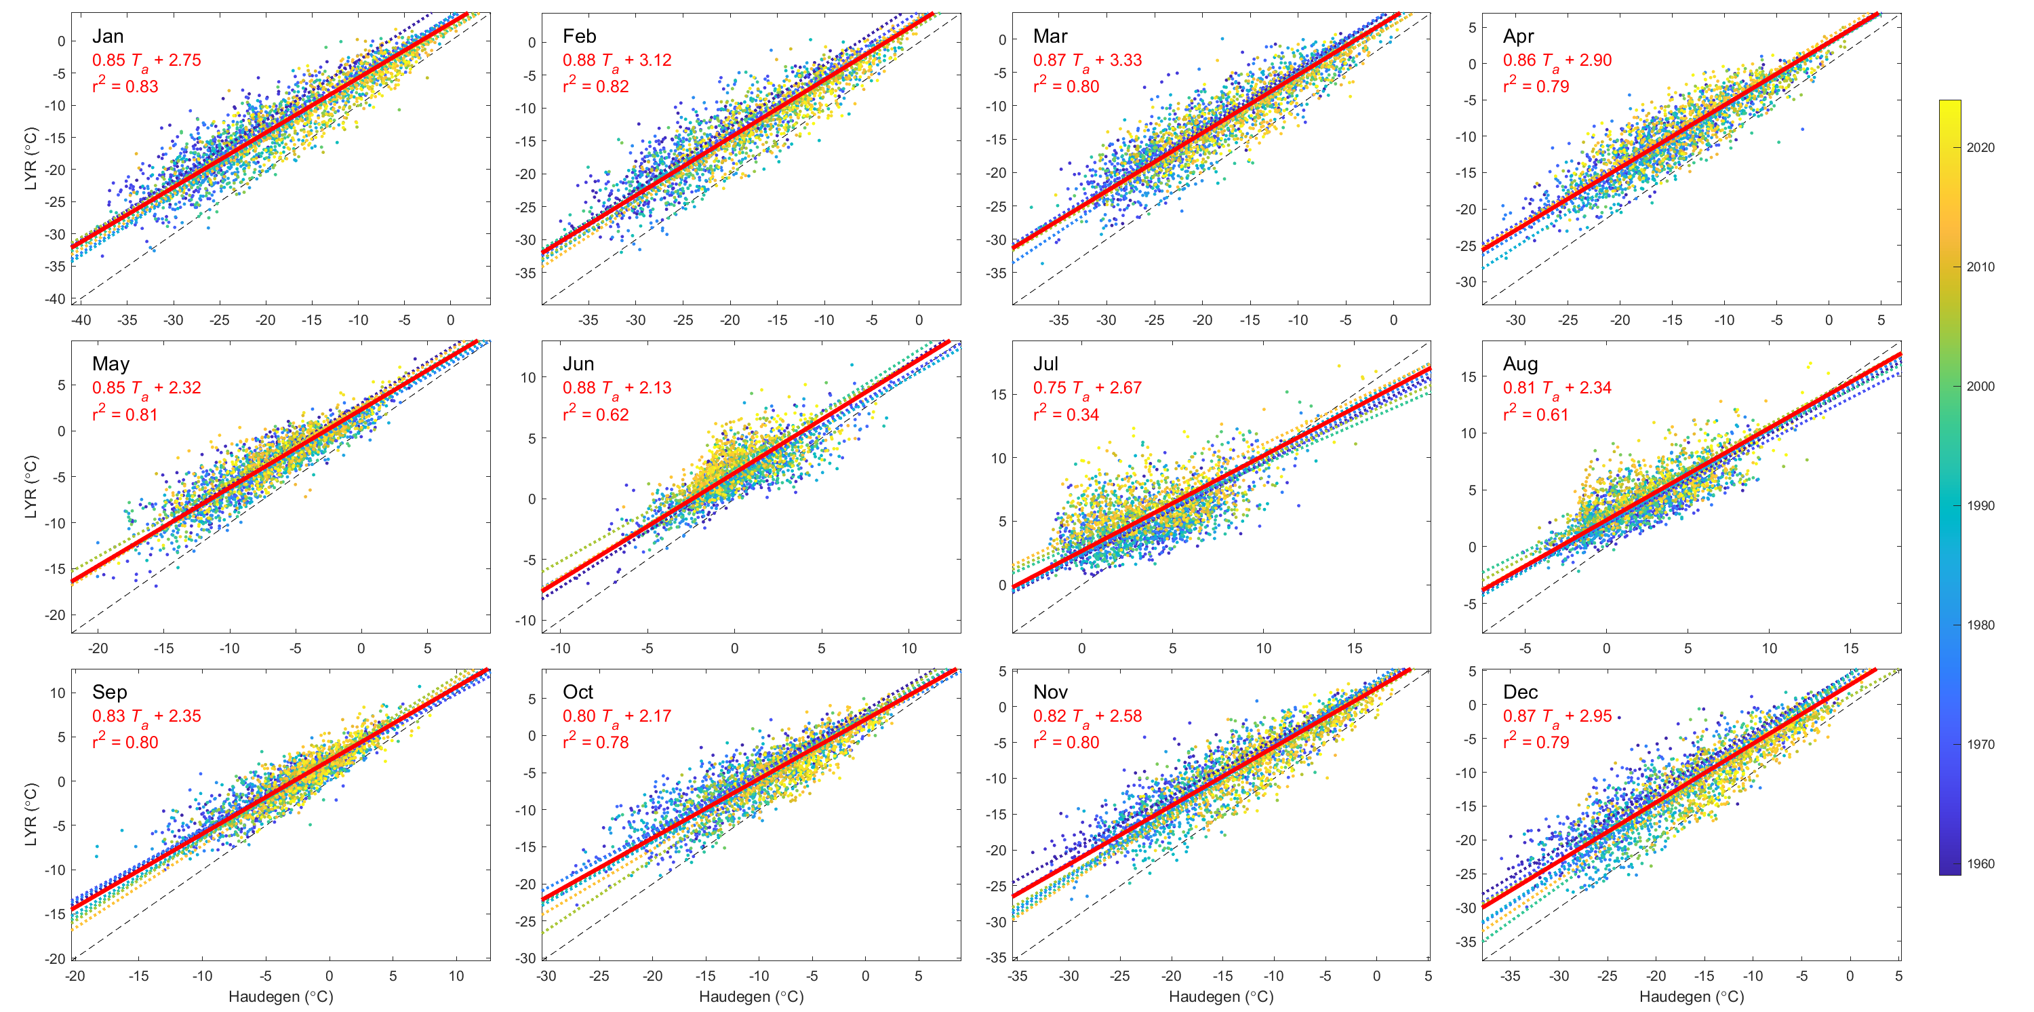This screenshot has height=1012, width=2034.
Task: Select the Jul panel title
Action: coord(1045,364)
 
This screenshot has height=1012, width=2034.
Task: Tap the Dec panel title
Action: coord(1520,692)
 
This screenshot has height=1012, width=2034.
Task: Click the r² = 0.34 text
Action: coord(1066,414)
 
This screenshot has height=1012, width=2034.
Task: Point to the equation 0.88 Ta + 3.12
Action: coord(617,61)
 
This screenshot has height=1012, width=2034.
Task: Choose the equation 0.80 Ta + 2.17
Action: coord(617,716)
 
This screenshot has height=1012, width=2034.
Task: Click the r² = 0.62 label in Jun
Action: coord(595,414)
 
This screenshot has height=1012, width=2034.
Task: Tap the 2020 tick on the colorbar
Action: coord(1980,148)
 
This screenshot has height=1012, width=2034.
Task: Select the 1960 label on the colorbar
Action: coord(1980,863)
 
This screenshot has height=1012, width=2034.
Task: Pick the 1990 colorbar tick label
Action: coord(1980,505)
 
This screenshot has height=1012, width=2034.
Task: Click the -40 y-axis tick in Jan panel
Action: coord(56,298)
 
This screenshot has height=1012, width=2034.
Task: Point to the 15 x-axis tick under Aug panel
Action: coord(1851,648)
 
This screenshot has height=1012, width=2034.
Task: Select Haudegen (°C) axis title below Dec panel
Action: coord(1692,997)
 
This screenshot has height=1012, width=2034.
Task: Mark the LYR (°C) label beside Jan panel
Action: coord(31,158)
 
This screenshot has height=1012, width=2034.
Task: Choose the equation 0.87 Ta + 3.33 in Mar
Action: coord(1088,61)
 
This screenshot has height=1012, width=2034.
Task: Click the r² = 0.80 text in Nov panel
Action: coord(1066,742)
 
